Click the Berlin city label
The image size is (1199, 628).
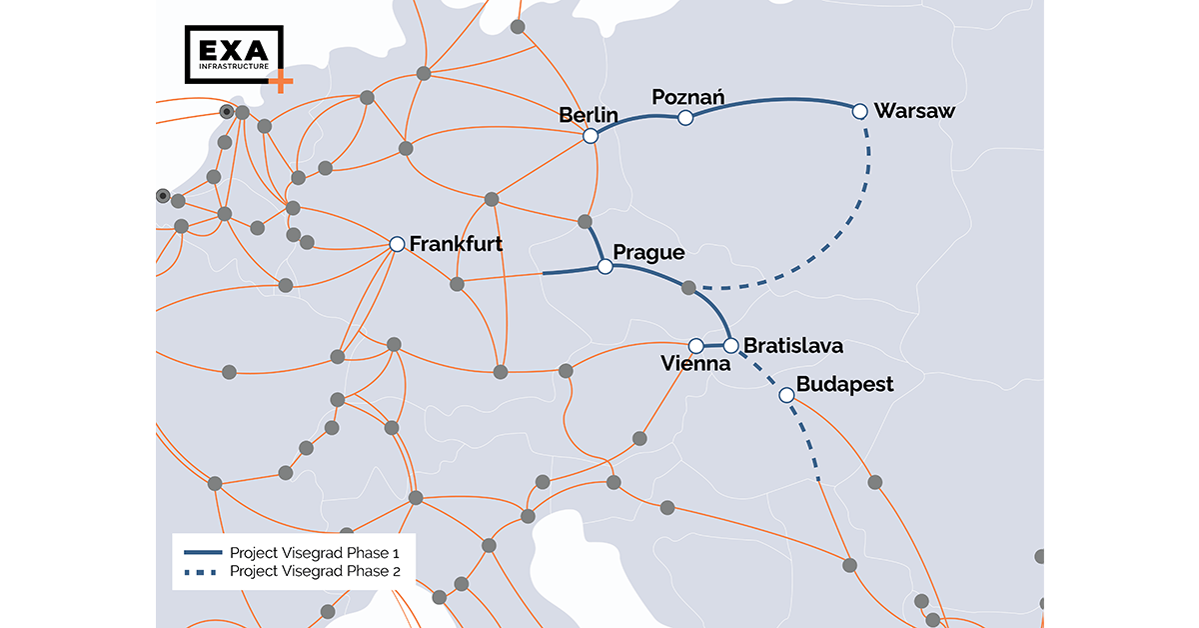589,115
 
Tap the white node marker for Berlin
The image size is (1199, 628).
591,136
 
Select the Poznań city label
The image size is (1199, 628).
688,97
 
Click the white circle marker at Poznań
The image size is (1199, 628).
685,118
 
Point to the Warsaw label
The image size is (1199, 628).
914,111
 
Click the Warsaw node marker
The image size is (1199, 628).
859,111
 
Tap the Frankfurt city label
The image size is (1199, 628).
456,244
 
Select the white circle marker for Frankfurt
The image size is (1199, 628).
397,244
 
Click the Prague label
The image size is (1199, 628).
648,252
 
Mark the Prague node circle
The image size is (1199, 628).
604,267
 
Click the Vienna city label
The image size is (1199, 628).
696,364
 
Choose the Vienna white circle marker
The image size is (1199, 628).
696,345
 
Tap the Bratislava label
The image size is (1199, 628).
793,346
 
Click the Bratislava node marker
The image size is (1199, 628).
731,345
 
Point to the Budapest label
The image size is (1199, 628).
844,385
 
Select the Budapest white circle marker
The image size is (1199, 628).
786,395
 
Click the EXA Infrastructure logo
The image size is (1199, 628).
234,54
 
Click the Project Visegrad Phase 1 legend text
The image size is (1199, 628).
316,552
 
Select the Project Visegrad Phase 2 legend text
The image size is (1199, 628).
316,571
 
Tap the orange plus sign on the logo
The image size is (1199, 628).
283,81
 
